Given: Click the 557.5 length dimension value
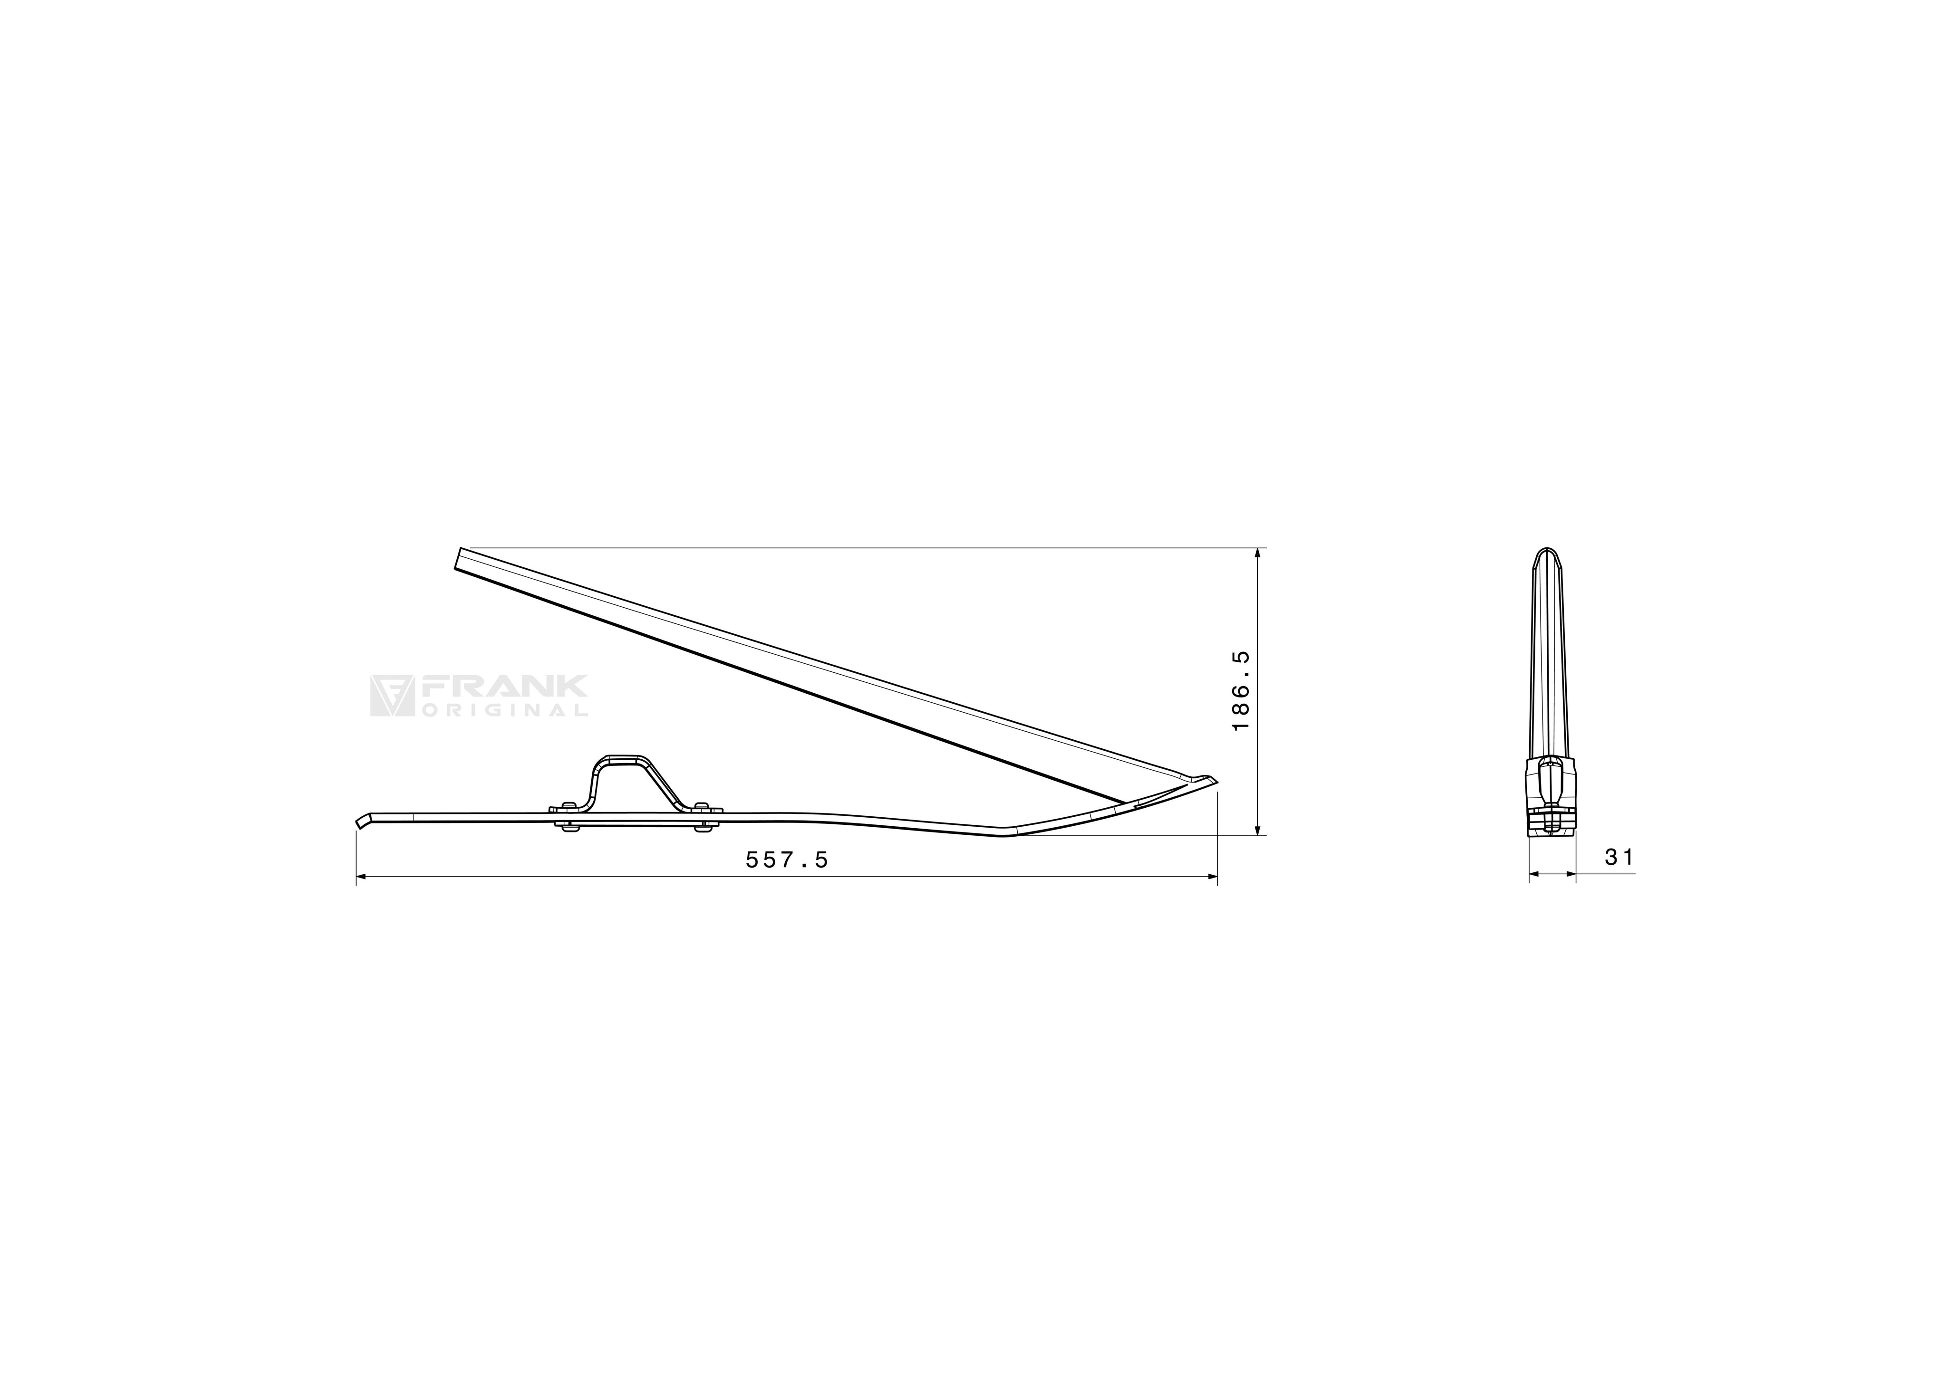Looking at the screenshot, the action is tap(786, 860).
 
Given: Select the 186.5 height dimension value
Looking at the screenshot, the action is tap(1241, 691).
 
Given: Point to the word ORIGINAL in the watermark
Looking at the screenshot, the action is tap(504, 710).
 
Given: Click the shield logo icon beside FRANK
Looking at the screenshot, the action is tap(391, 696).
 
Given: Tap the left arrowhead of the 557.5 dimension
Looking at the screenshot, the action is tap(361, 877).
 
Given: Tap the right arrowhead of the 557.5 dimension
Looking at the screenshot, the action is tap(1212, 877).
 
